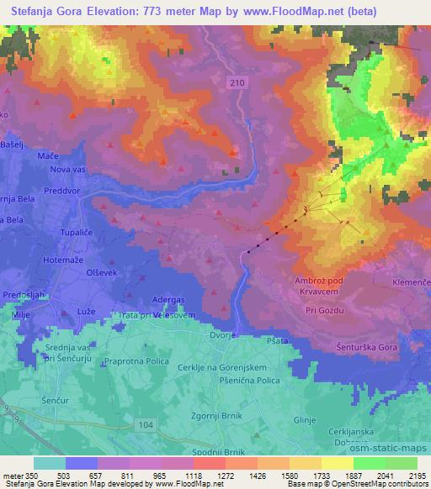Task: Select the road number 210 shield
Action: [238, 81]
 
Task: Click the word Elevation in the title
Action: [127, 11]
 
